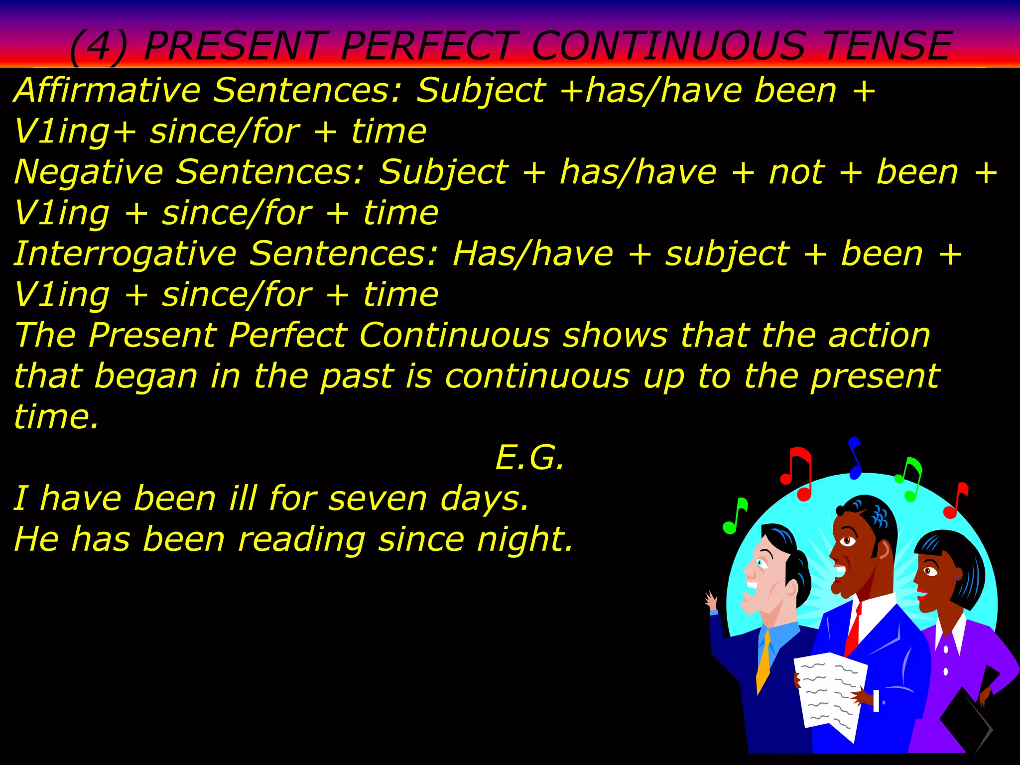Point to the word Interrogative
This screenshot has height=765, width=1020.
(125, 254)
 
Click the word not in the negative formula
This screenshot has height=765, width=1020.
(796, 172)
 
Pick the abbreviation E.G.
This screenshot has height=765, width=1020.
(530, 457)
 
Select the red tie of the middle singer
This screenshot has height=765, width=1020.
(853, 630)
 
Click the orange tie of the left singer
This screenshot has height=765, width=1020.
(764, 662)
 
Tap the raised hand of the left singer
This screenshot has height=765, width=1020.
(711, 600)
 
